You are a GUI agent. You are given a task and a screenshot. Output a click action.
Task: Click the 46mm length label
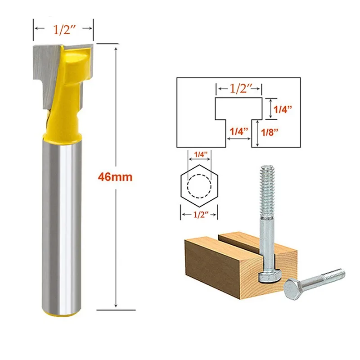[115, 177]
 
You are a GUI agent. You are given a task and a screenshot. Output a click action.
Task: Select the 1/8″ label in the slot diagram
[270, 132]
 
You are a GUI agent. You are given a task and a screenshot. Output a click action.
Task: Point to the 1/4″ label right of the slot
[283, 109]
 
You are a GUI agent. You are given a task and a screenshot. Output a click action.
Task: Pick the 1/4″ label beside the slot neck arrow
[239, 131]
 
